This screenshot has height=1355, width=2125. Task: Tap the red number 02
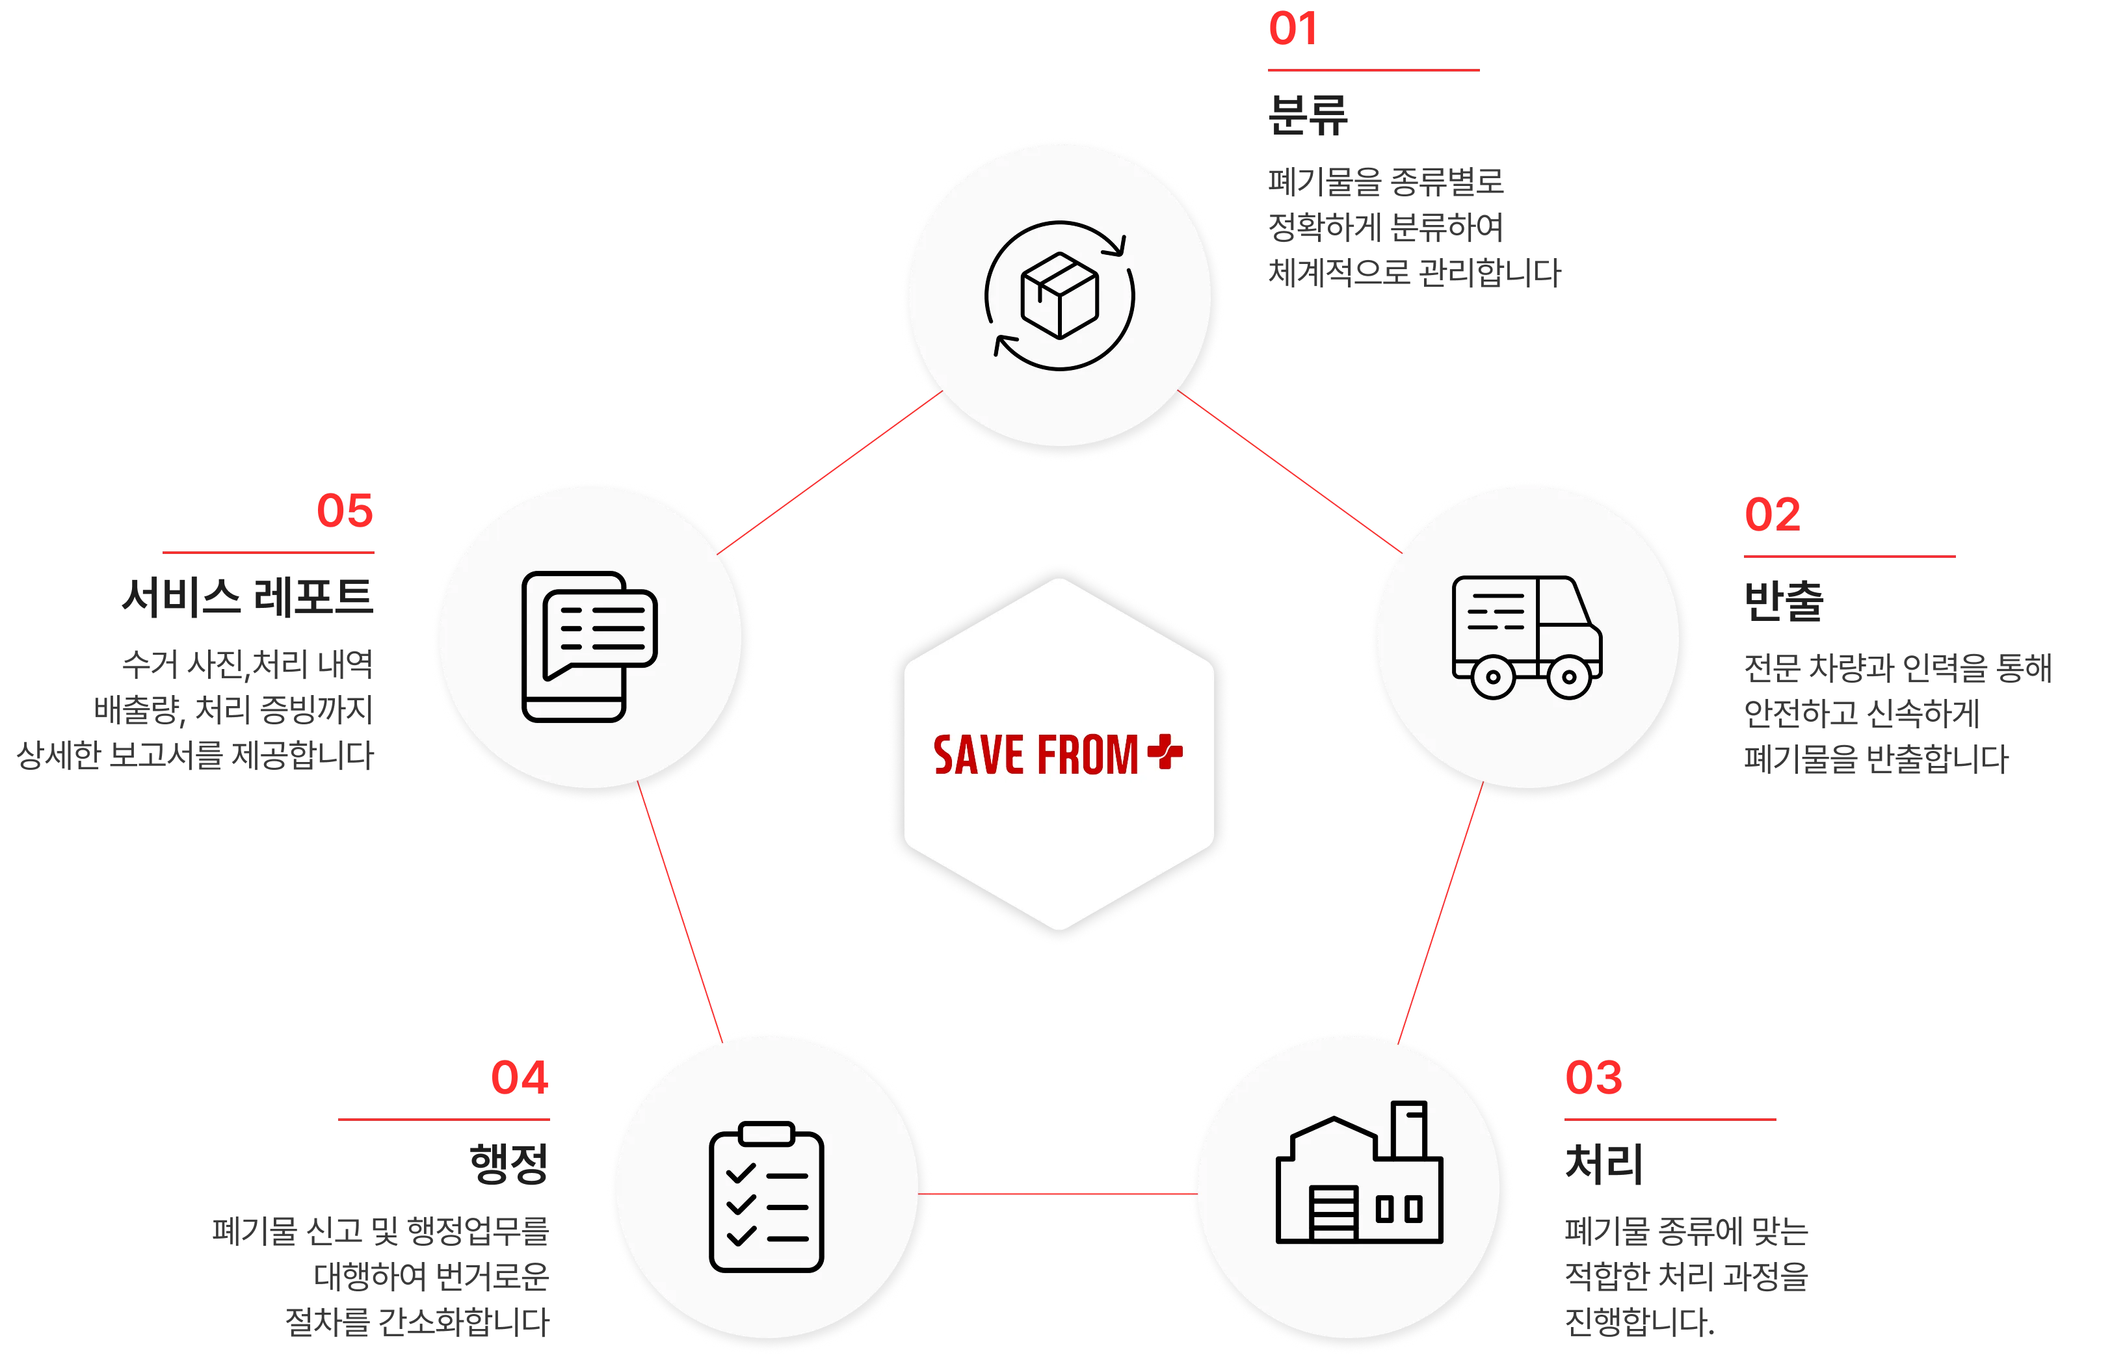tap(1772, 514)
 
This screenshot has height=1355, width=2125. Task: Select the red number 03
tap(1593, 1077)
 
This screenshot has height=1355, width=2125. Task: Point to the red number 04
tap(520, 1077)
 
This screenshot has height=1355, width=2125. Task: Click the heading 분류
tap(1308, 114)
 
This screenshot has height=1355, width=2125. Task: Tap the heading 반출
tap(1784, 601)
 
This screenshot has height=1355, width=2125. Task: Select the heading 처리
tap(1604, 1163)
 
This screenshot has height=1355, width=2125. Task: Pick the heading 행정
tap(509, 1163)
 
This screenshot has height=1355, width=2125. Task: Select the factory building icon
tap(1359, 1172)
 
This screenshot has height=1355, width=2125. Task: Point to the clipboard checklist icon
tap(766, 1196)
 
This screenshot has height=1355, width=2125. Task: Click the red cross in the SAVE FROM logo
tap(1165, 752)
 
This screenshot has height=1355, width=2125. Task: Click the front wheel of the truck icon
tap(1569, 677)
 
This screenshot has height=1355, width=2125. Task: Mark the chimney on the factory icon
tap(1408, 1129)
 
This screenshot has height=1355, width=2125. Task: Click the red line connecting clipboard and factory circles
tap(1057, 1194)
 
